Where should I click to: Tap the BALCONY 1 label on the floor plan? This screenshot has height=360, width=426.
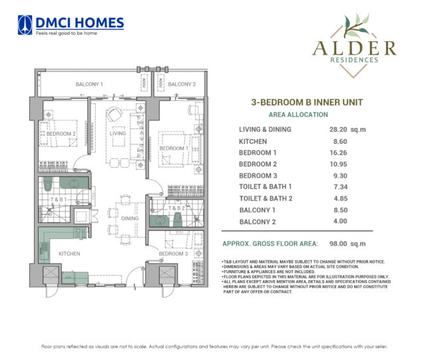point(89,85)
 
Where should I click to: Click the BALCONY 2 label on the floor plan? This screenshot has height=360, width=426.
point(181,85)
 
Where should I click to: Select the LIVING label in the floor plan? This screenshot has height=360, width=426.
point(118,133)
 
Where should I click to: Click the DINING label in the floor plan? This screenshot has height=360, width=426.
point(130,218)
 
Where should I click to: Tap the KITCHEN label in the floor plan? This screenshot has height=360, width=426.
point(69,254)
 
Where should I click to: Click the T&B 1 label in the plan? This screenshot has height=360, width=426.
point(58,200)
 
